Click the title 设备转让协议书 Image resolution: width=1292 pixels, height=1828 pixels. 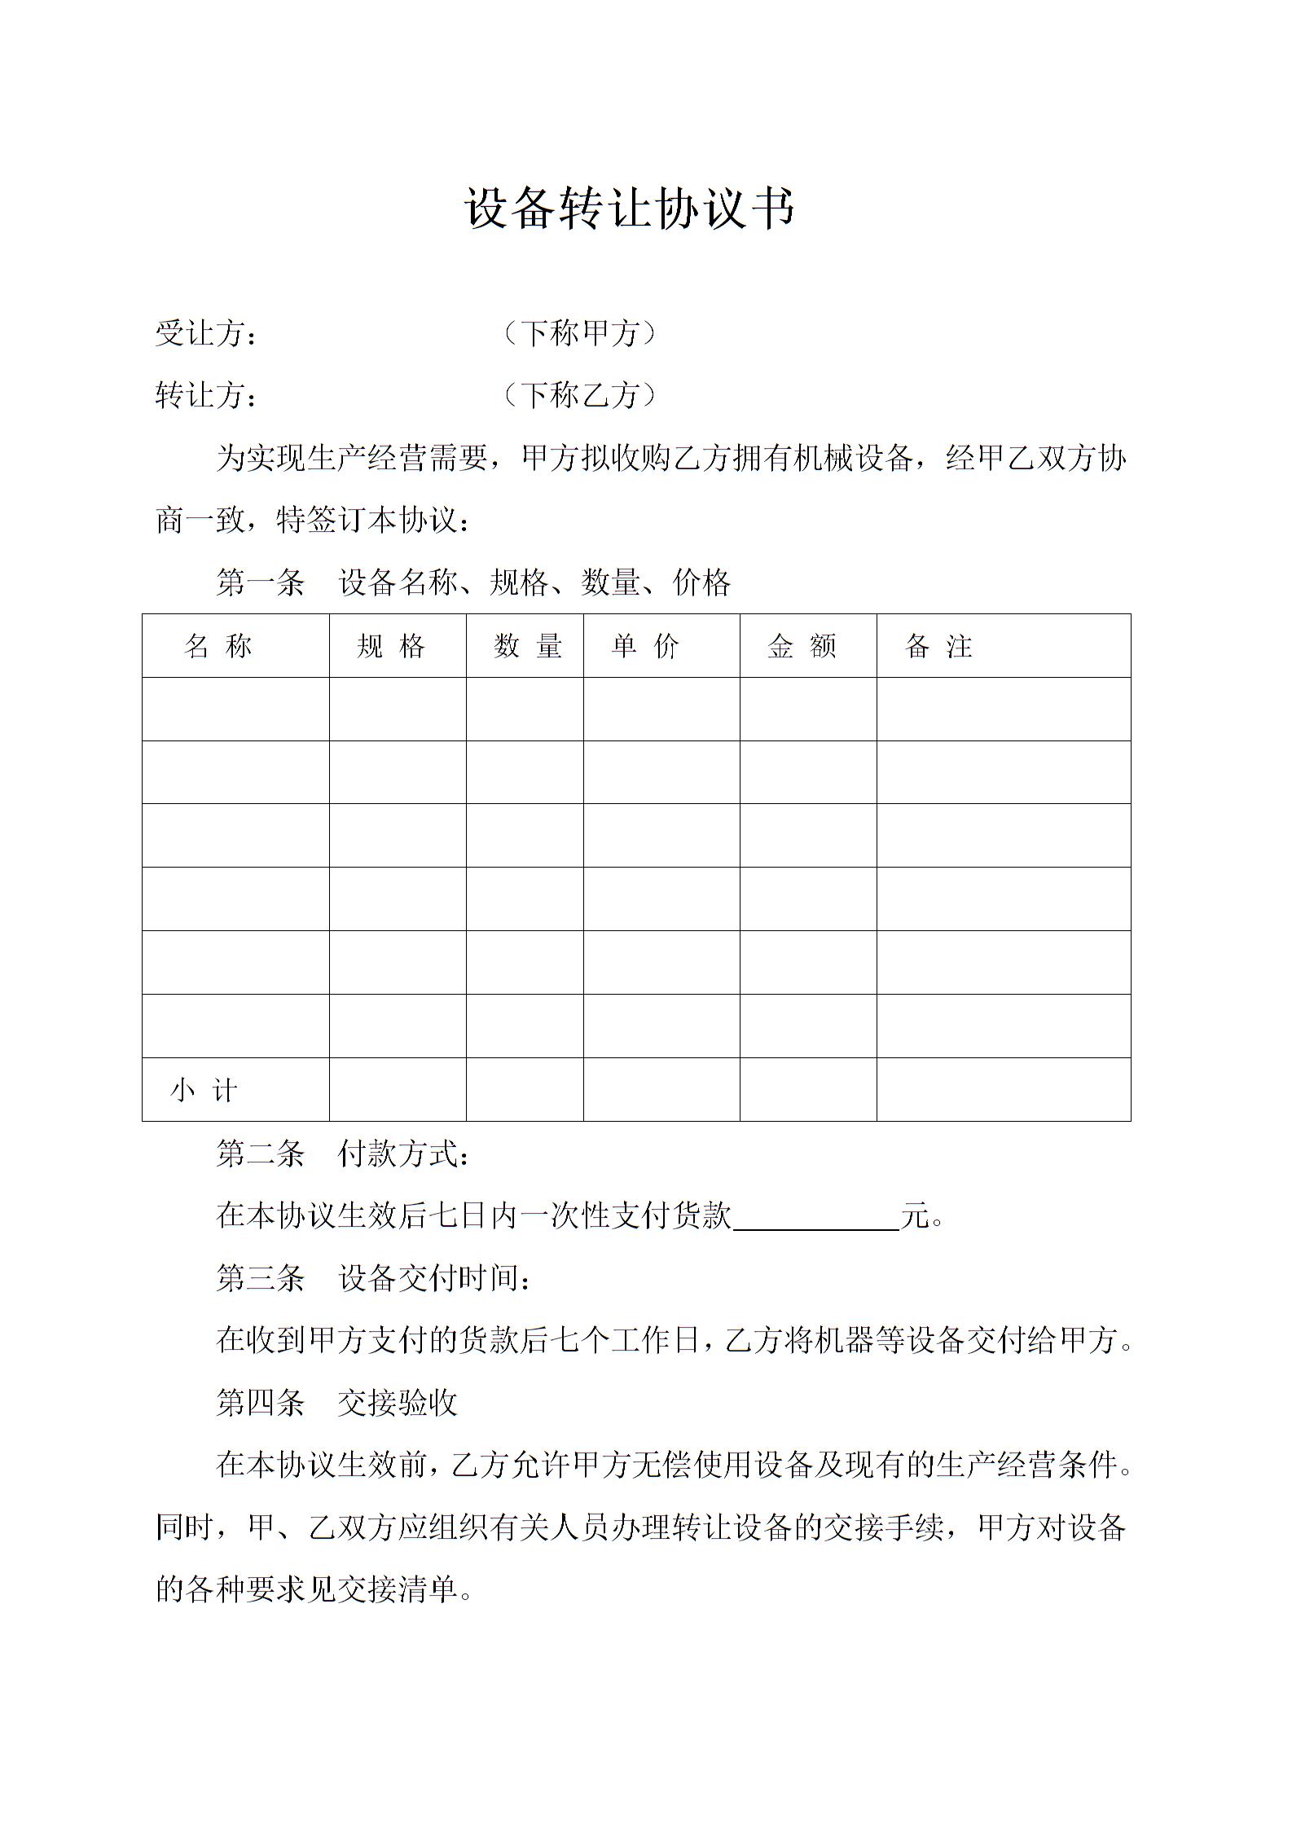pos(630,209)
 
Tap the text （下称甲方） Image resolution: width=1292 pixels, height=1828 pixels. pos(579,333)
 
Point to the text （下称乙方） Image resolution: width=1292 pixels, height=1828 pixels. pos(579,396)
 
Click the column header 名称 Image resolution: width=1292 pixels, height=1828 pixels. pos(218,646)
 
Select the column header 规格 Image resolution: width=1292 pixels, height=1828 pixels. pos(391,646)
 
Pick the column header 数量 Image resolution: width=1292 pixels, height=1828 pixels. pos(527,646)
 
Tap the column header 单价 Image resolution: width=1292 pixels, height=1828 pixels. pos(645,646)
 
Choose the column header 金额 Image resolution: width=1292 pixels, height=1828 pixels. pos(802,646)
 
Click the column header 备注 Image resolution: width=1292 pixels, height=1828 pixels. pos(938,646)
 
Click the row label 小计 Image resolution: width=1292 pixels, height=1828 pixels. pos(204,1090)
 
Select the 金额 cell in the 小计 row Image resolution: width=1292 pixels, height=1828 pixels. pos(808,1090)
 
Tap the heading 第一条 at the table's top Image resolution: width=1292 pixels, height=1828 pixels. pos(260,583)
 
